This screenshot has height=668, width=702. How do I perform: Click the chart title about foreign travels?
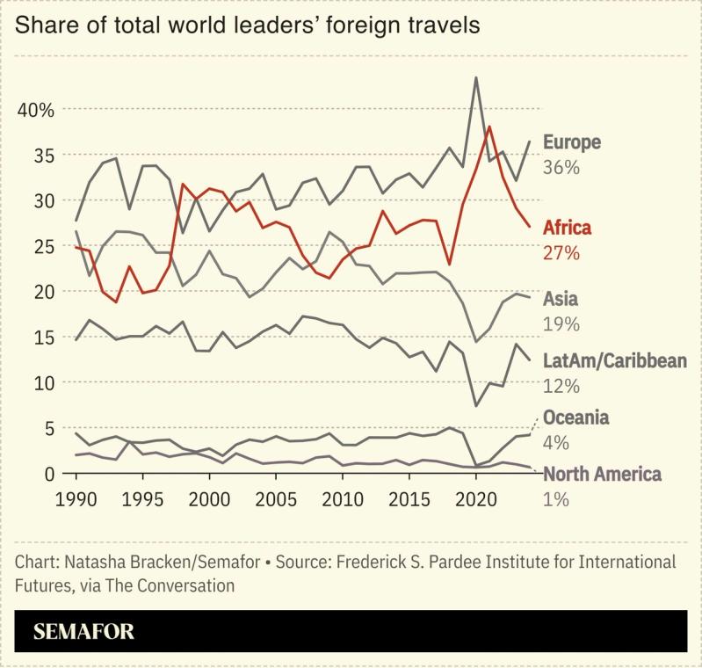pos(248,25)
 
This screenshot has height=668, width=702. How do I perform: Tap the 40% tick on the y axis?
pos(36,110)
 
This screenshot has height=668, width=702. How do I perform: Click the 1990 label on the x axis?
pos(76,497)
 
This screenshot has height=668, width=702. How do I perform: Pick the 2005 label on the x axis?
pos(276,497)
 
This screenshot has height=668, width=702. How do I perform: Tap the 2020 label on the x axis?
pos(475,497)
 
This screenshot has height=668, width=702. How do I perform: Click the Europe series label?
pos(571,142)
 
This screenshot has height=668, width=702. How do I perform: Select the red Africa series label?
pos(567,228)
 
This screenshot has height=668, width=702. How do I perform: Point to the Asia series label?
pos(561,299)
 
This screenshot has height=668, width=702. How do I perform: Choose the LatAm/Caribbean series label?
pos(614,361)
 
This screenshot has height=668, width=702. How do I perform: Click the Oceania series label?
pos(575,417)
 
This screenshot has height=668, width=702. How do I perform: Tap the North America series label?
pos(602,475)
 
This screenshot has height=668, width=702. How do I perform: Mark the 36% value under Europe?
pos(561,167)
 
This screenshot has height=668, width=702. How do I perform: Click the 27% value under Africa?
pos(561,253)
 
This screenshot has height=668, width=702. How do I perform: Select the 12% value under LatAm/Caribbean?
pos(561,386)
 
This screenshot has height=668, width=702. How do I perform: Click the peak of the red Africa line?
pos(489,127)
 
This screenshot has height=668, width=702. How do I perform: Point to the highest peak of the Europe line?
pos(475,77)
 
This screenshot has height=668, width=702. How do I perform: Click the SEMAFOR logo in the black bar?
pos(83,632)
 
